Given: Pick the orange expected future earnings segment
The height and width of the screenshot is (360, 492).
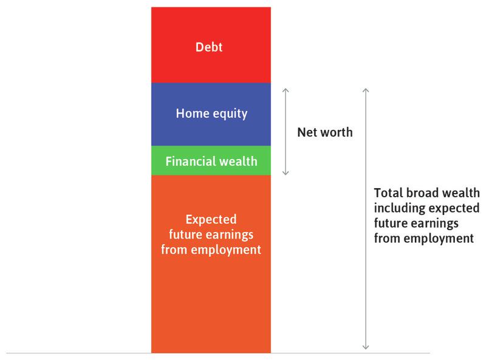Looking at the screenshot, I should [211, 291].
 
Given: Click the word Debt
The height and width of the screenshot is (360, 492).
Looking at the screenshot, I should [209, 47].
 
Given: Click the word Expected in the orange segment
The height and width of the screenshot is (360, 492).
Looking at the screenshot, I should [211, 219].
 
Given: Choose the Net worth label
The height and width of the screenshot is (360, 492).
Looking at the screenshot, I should [324, 132].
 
